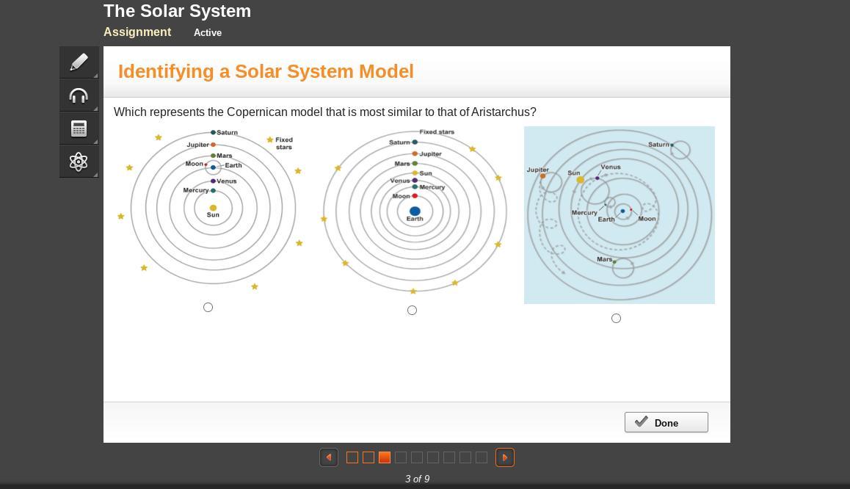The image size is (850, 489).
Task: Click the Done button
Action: coord(666,422)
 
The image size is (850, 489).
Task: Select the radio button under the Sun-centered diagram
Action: coord(208,307)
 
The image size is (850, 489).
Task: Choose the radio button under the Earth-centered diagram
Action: coord(412,310)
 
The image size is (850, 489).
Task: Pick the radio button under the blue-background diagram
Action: coord(616,318)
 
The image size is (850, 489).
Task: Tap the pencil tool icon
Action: coord(79,62)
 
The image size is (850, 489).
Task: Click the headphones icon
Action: coord(79,95)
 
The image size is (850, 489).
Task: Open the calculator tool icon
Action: coord(79,128)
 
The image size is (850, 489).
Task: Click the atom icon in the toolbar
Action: coord(79,162)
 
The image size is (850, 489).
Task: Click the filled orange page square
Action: coord(385,457)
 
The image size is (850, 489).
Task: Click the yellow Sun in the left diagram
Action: coord(213,208)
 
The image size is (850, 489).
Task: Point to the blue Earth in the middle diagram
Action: coord(415,211)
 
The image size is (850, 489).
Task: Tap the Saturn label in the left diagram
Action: coord(228,132)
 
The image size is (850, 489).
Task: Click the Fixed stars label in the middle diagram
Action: coord(437,132)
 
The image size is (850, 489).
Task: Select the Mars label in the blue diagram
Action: coord(605,259)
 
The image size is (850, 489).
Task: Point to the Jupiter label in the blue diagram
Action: coord(537,170)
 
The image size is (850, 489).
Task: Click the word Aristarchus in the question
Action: coord(504,112)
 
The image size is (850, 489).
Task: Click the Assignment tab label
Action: coord(137,32)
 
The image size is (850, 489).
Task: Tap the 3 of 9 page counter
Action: coord(417,479)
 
